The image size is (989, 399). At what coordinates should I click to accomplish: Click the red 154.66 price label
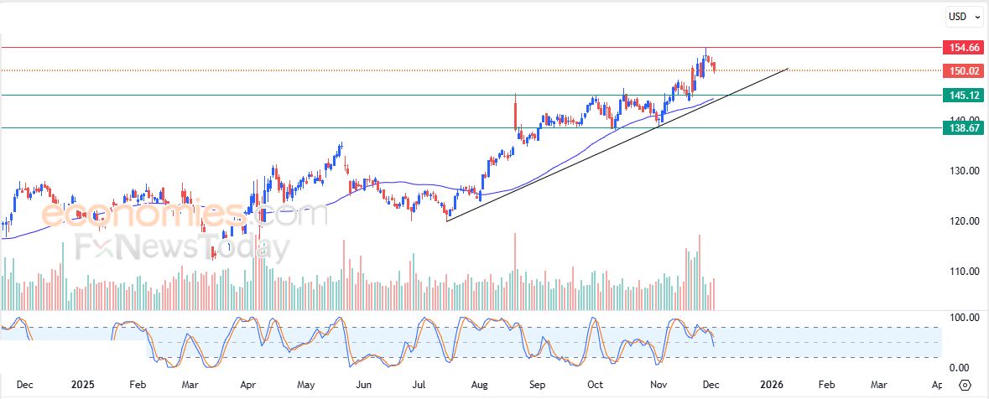click(x=961, y=48)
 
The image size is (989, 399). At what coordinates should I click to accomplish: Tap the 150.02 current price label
click(x=961, y=70)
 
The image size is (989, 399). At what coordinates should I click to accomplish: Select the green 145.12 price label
click(x=961, y=95)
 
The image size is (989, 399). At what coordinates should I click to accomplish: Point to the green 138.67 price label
click(x=961, y=127)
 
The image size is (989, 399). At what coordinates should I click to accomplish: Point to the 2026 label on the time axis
click(x=772, y=385)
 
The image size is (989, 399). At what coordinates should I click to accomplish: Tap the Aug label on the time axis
click(x=480, y=385)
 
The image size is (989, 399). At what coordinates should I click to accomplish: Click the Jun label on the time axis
click(x=363, y=385)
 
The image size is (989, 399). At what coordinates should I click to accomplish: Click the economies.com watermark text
click(x=185, y=215)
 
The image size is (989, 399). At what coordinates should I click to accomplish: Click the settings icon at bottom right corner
click(x=965, y=385)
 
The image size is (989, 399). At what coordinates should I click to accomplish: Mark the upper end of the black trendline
click(x=788, y=69)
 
